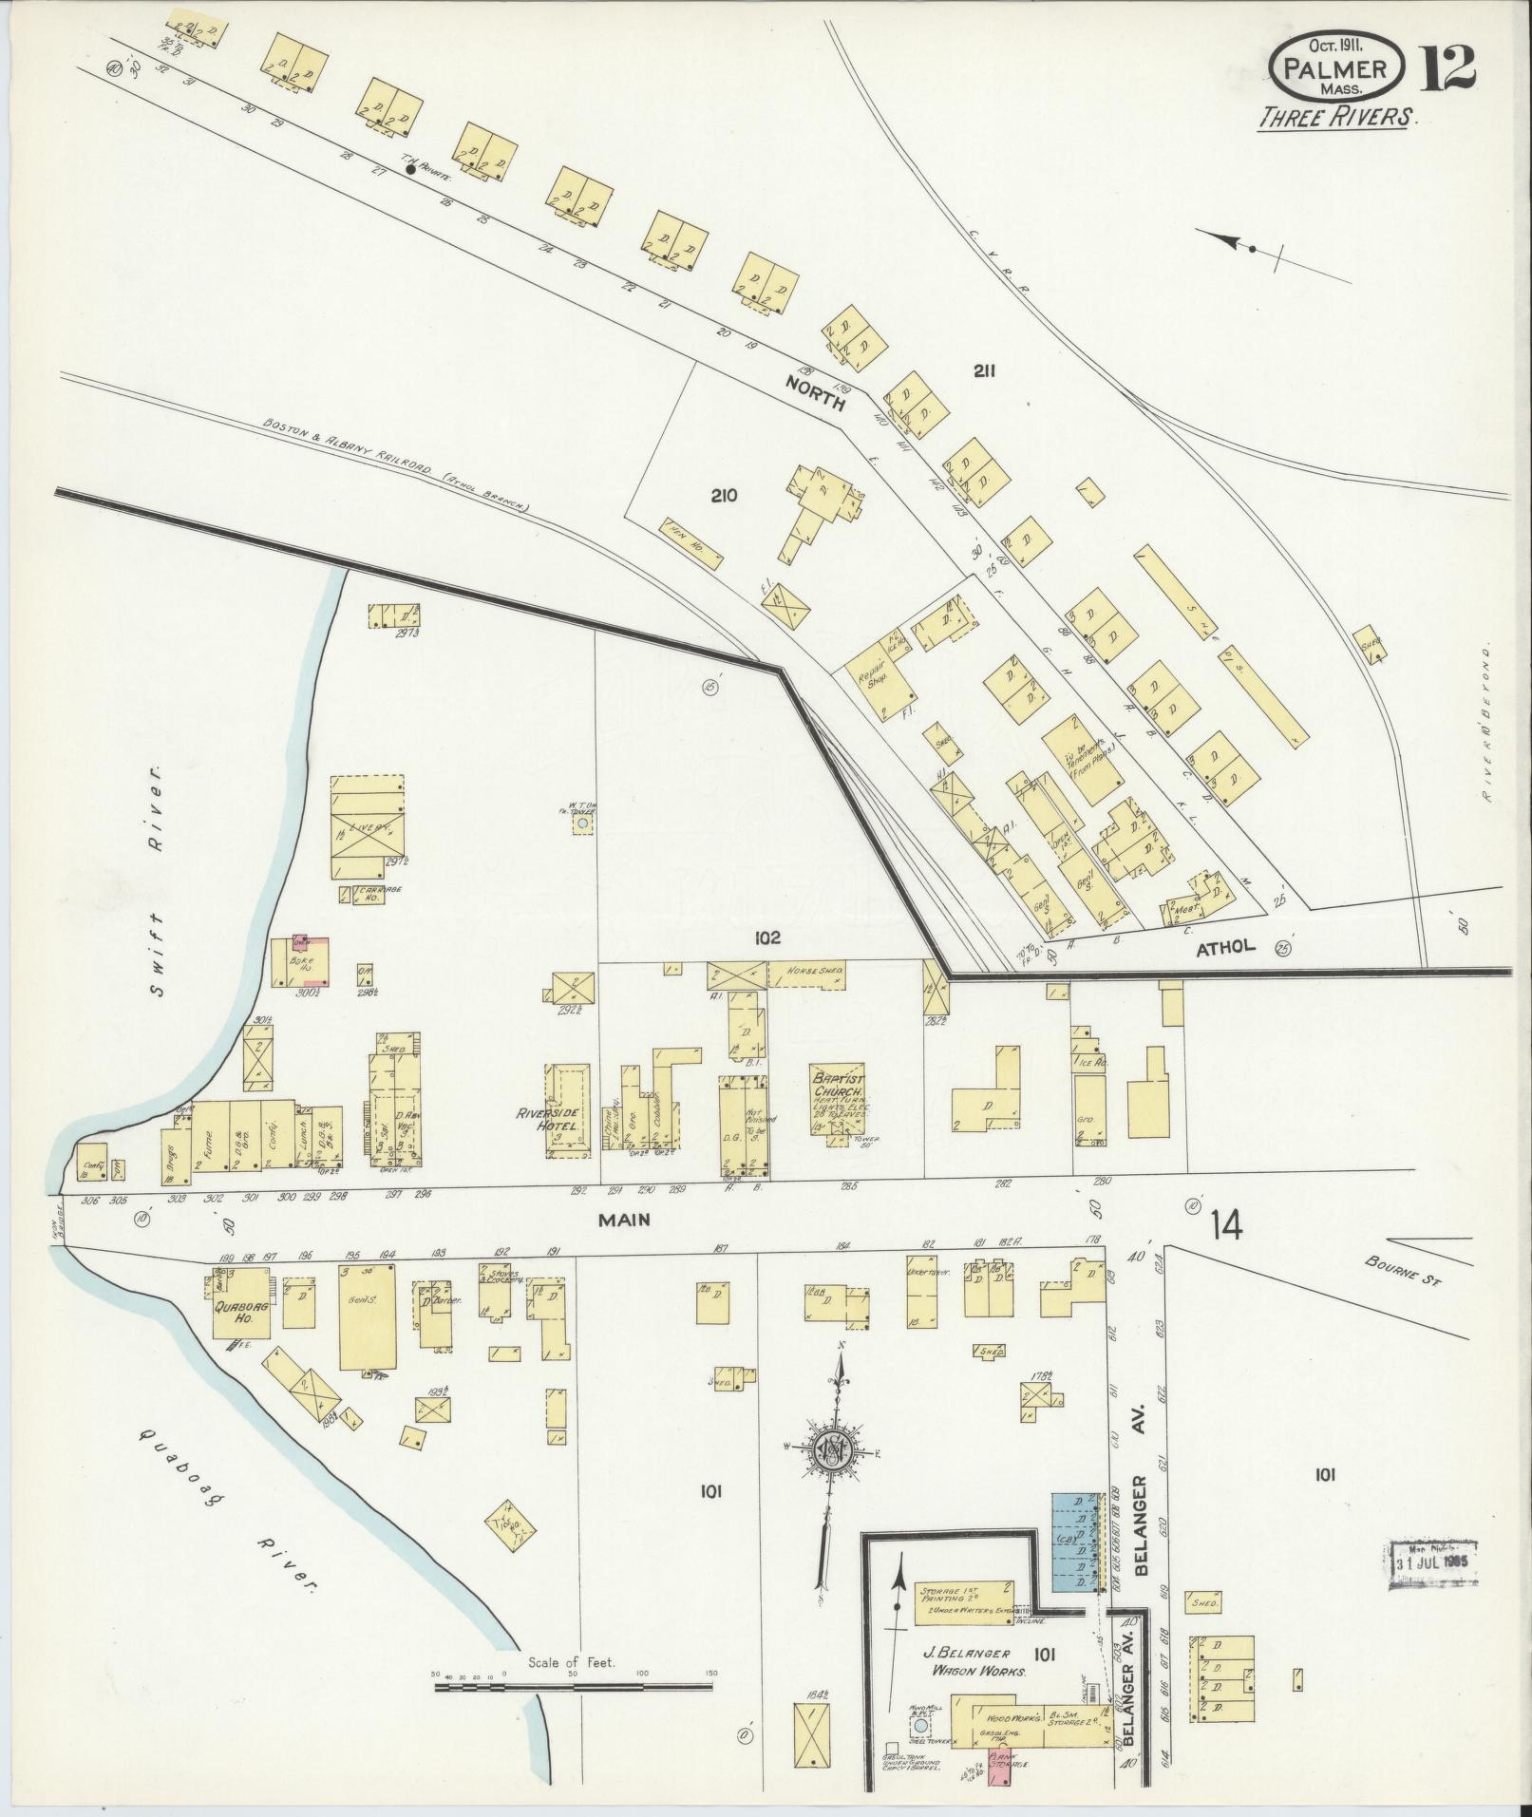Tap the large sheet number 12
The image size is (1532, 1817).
click(x=1447, y=67)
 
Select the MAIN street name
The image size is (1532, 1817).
click(x=624, y=1220)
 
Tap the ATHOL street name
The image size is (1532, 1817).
click(x=1226, y=947)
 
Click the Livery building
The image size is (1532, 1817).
click(x=368, y=827)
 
